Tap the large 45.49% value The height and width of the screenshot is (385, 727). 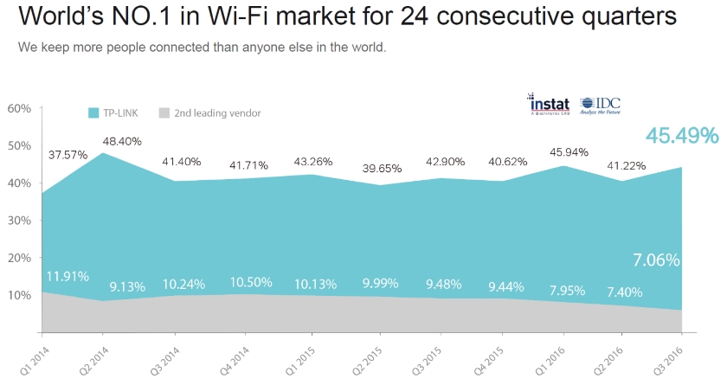point(681,136)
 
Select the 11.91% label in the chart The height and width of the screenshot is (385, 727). point(68,278)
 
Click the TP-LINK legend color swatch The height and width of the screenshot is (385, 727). point(94,112)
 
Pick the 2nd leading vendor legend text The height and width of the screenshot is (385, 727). point(216,112)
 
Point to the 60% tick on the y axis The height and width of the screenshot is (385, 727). point(19,108)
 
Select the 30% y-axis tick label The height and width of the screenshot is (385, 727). point(19,221)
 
